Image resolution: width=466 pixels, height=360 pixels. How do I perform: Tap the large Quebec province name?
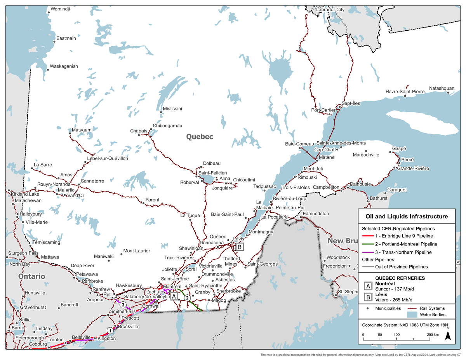pos(200,137)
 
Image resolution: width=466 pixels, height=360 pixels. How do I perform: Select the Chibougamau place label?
pos(167,125)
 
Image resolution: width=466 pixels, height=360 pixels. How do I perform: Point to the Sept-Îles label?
pos(351,103)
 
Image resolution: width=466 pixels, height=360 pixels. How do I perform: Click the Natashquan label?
pos(442,88)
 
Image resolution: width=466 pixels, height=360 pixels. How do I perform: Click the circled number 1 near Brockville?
pos(110,330)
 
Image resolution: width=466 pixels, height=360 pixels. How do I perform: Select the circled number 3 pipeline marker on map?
pos(123,304)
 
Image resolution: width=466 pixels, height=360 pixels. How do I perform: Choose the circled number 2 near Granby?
pos(187,298)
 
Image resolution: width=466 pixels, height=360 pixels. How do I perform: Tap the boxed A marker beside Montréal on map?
pos(174,296)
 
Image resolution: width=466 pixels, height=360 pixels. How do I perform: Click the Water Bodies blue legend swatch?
pos(413,314)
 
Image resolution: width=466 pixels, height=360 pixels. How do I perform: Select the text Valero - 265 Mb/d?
pos(393,299)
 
